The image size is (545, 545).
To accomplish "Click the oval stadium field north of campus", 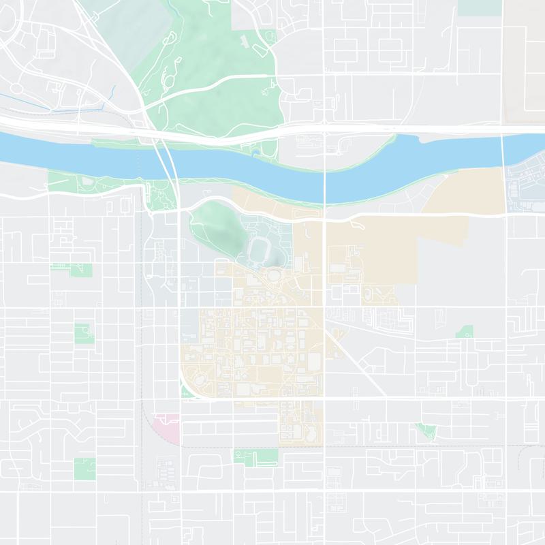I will point(259,250).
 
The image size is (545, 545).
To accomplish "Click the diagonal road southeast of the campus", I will point(351,358).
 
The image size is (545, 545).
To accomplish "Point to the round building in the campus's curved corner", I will point(201,377).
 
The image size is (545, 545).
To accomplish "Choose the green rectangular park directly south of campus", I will point(255,456).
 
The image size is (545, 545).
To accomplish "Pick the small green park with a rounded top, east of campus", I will point(466,332).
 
